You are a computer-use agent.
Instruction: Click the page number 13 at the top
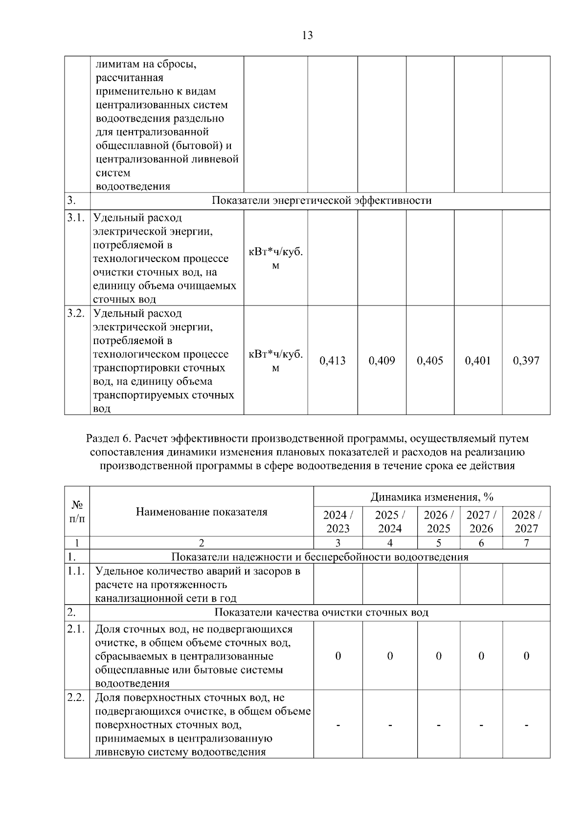[x=308, y=35]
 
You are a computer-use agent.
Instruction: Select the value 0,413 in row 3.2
[x=332, y=361]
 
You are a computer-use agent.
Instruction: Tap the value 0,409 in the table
[x=382, y=361]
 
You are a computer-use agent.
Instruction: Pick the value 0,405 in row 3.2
[x=429, y=361]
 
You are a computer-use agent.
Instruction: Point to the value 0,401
[x=477, y=361]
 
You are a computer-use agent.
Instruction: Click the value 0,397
[x=526, y=361]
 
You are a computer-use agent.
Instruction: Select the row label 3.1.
[x=76, y=218]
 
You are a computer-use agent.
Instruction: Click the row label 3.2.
[x=76, y=313]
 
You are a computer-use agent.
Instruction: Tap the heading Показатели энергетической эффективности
[x=321, y=200]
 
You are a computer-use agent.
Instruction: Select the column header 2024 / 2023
[x=338, y=522]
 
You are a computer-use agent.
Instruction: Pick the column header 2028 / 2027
[x=526, y=522]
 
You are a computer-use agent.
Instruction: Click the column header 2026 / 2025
[x=438, y=522]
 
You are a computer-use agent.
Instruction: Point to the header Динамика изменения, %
[x=431, y=497]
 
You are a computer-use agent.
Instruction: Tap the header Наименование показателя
[x=202, y=512]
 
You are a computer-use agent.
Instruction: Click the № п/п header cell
[x=77, y=511]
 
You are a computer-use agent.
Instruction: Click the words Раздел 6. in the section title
[x=106, y=438]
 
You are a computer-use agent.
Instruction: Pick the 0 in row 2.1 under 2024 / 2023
[x=338, y=656]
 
